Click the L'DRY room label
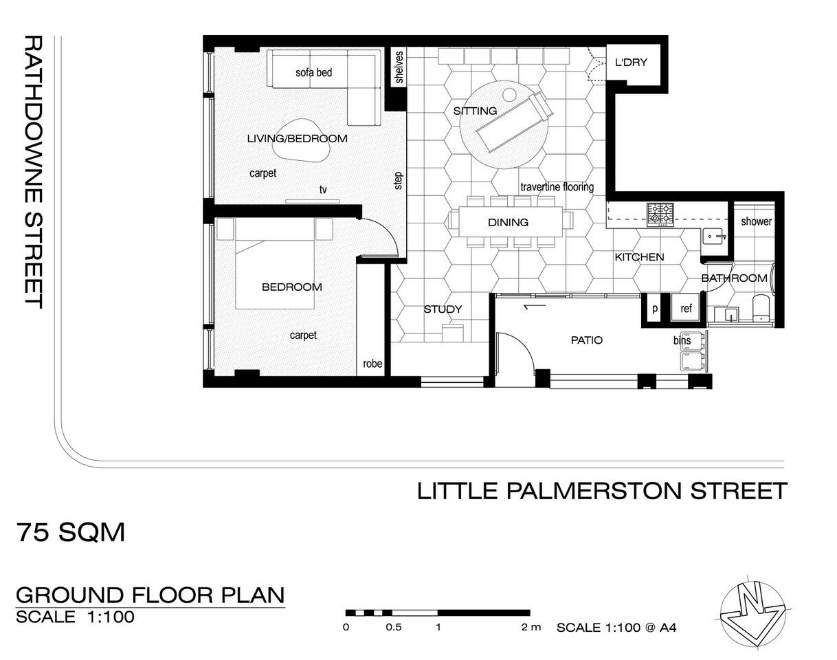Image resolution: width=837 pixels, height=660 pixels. [x=631, y=63]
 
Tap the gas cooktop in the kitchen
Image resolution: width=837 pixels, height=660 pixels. [x=660, y=214]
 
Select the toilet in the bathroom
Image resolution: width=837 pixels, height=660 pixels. [x=761, y=308]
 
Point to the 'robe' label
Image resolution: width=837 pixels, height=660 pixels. [x=372, y=364]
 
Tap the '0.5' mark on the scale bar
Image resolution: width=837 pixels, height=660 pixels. [x=394, y=627]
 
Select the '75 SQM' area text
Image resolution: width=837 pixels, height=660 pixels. [x=70, y=532]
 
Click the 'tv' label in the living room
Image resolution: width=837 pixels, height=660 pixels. [x=323, y=190]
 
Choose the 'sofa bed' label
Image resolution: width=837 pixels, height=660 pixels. [x=313, y=72]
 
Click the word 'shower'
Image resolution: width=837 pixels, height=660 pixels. [x=756, y=221]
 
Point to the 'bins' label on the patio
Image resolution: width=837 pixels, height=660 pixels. [x=682, y=340]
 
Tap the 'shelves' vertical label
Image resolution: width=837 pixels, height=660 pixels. [x=399, y=67]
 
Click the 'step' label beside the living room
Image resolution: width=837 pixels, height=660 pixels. [x=398, y=181]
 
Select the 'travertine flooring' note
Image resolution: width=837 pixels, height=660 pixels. [x=557, y=187]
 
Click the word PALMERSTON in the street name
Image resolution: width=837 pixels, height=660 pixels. [x=594, y=491]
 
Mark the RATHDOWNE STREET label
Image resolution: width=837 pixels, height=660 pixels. [x=34, y=172]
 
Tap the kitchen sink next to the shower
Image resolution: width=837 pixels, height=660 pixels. [x=714, y=236]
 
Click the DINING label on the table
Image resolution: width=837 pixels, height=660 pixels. [x=508, y=222]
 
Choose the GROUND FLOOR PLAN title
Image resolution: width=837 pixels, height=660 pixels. [x=150, y=595]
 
